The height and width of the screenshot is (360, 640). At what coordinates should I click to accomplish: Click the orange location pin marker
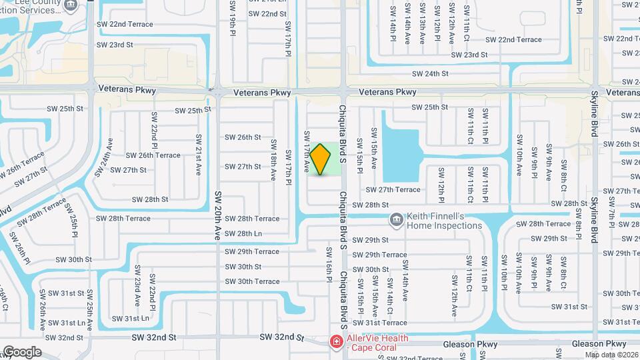(320, 159)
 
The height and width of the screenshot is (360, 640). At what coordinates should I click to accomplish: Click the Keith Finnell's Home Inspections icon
(396, 219)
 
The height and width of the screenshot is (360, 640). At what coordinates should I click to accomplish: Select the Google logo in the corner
(21, 352)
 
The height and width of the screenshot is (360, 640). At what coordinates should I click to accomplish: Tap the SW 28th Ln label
(243, 233)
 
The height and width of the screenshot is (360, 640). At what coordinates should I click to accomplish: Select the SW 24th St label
(430, 74)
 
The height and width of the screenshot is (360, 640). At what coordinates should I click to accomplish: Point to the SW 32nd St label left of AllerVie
(281, 338)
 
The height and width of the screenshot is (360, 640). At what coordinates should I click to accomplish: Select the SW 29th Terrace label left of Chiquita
(251, 251)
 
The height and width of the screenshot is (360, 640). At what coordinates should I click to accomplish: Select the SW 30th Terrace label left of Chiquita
(252, 281)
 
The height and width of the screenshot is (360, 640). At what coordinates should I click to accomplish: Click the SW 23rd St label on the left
(115, 45)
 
